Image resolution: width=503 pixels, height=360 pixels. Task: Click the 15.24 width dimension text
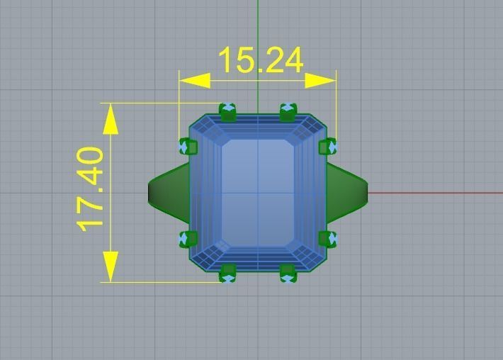coord(261,61)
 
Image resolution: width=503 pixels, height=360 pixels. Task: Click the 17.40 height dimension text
coord(92,189)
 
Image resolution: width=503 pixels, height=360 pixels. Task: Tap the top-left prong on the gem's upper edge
coord(227,112)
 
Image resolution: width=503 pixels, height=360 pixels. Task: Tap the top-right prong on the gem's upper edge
coord(288,112)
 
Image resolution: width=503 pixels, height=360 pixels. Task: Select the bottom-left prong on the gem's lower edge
coord(227,273)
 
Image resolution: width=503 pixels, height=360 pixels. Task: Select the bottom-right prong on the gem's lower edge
coord(288,273)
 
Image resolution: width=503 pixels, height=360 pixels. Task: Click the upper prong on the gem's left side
coord(188,147)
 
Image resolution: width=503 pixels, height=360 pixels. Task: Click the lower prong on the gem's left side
coord(188,239)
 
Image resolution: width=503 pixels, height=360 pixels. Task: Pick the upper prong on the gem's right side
coord(327,147)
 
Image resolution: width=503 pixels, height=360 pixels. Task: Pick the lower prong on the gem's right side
coord(327,239)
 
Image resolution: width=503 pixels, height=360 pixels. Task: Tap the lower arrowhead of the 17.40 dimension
coord(111,266)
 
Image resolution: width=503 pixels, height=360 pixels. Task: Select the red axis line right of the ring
coord(432,192)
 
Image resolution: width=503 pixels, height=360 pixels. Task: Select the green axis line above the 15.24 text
coord(258,21)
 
